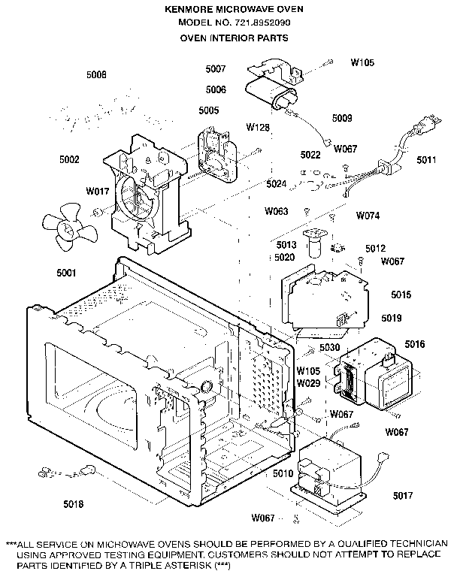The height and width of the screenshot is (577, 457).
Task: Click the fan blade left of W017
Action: [69, 228]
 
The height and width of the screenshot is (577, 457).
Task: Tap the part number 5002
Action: [69, 159]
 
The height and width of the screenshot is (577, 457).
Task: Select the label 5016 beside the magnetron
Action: [415, 344]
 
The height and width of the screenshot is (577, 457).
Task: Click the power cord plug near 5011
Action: [431, 122]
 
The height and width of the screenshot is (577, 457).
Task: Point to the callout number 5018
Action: [73, 504]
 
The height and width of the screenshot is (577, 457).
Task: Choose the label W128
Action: [258, 127]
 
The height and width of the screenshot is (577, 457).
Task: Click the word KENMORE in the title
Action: [188, 9]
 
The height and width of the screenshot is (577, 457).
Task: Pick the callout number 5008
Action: [96, 74]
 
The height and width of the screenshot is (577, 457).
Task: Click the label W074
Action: [368, 216]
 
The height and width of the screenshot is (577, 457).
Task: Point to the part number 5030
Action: [329, 347]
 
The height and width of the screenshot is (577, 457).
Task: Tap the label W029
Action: [309, 383]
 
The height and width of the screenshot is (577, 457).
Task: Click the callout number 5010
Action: [283, 473]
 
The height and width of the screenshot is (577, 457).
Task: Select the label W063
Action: [276, 211]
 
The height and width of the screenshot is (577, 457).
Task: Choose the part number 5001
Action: [66, 273]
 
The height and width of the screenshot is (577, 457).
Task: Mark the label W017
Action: [98, 191]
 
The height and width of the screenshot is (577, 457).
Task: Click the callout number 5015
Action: [401, 295]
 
